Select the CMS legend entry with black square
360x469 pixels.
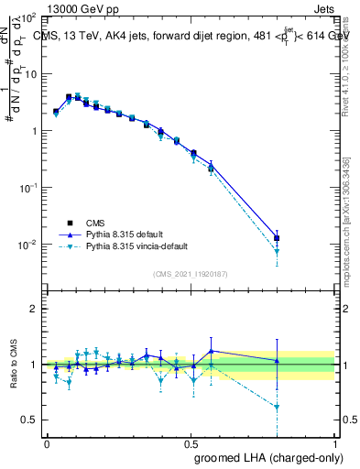coord(96,222)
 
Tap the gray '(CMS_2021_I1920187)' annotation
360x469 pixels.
coord(192,274)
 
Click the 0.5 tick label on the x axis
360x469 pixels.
coord(191,442)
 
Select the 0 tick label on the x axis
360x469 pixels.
coord(47,442)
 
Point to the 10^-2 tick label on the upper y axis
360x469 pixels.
coord(26,245)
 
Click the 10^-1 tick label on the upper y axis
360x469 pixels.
coord(26,188)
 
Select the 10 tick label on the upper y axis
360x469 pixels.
coord(27,73)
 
